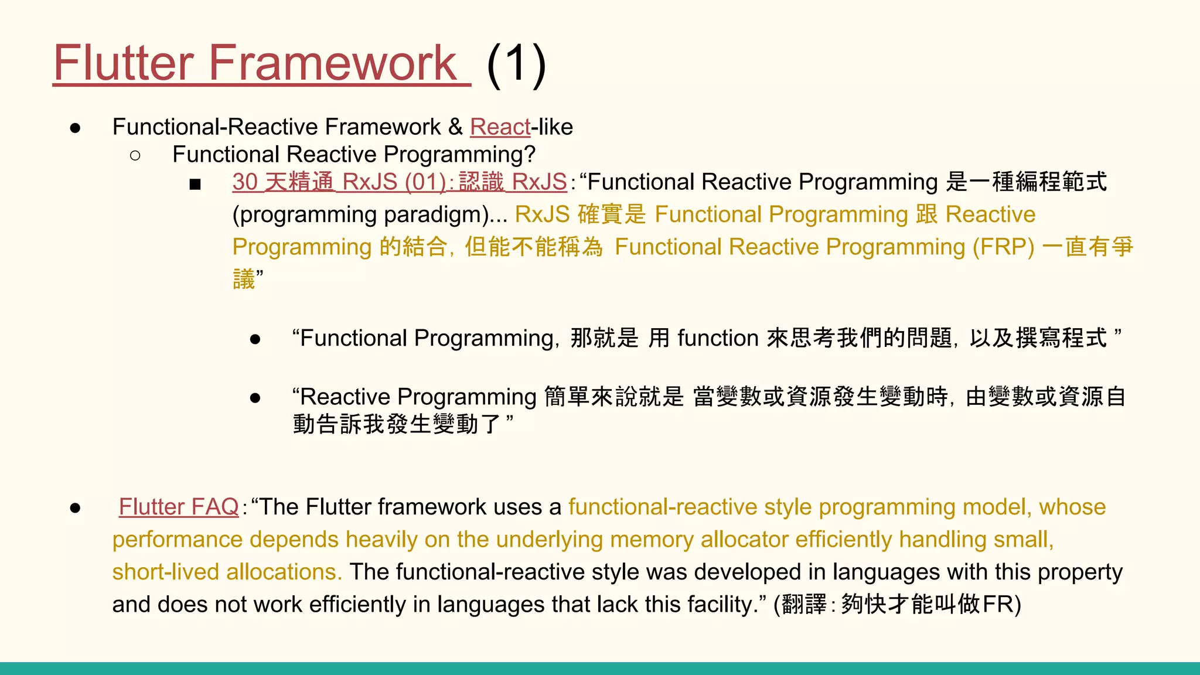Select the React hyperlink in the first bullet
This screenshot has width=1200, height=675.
(x=500, y=127)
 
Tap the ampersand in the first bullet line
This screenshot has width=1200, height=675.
(x=455, y=127)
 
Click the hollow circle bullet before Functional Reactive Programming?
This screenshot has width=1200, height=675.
(x=135, y=155)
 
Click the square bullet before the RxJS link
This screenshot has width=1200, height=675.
(x=195, y=185)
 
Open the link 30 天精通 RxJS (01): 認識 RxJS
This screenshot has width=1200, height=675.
(x=399, y=182)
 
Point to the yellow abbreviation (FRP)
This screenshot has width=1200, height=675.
(x=1003, y=247)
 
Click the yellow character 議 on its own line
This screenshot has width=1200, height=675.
(x=244, y=279)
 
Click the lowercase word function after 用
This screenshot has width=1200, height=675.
(x=718, y=339)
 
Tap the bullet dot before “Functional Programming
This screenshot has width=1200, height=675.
(x=255, y=339)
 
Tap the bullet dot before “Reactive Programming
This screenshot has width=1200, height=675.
(x=255, y=398)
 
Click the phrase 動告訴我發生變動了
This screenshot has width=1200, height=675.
(x=397, y=424)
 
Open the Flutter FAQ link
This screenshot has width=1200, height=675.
(x=179, y=507)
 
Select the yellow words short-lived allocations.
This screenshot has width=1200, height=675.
(x=227, y=572)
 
